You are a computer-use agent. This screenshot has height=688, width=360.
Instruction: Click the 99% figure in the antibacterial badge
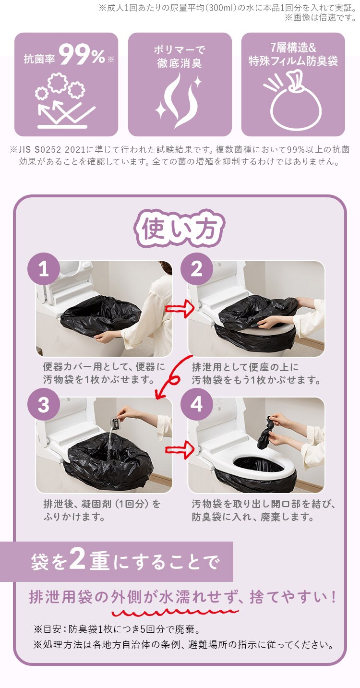pyautogui.click(x=83, y=57)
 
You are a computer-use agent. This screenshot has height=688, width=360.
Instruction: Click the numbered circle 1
pyautogui.click(x=44, y=270)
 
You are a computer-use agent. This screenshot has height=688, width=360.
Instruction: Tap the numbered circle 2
pyautogui.click(x=196, y=270)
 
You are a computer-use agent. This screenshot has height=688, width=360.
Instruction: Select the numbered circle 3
pyautogui.click(x=44, y=406)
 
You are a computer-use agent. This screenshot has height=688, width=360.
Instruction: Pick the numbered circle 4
pyautogui.click(x=196, y=406)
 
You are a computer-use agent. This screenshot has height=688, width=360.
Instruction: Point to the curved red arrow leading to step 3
pyautogui.click(x=173, y=377)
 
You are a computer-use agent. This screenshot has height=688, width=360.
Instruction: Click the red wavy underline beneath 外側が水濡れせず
pyautogui.click(x=175, y=613)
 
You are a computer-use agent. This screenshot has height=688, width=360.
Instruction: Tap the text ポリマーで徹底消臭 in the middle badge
pyautogui.click(x=180, y=56)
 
